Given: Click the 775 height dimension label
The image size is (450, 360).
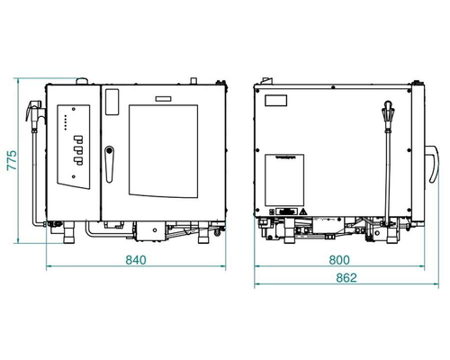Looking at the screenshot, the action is [x=12, y=161].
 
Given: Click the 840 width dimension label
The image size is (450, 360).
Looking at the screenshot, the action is [x=136, y=260].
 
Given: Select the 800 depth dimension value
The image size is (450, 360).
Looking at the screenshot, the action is [x=339, y=260].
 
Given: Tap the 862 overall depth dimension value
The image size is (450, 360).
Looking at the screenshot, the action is [x=346, y=278].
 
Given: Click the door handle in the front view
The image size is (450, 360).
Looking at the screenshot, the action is [x=109, y=164].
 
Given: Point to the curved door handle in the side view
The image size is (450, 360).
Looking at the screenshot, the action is [x=435, y=164].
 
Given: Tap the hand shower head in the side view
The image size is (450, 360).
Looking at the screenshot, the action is [x=387, y=111].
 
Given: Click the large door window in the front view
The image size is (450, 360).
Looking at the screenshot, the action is [x=164, y=151].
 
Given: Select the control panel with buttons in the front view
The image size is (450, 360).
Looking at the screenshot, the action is [x=74, y=147].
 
